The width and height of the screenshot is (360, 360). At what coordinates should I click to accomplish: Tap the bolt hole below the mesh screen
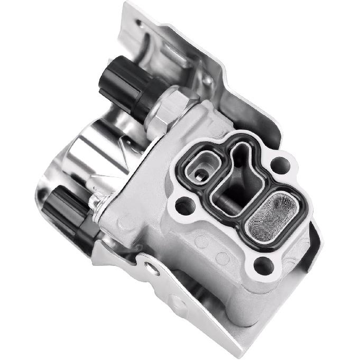(263, 265)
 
